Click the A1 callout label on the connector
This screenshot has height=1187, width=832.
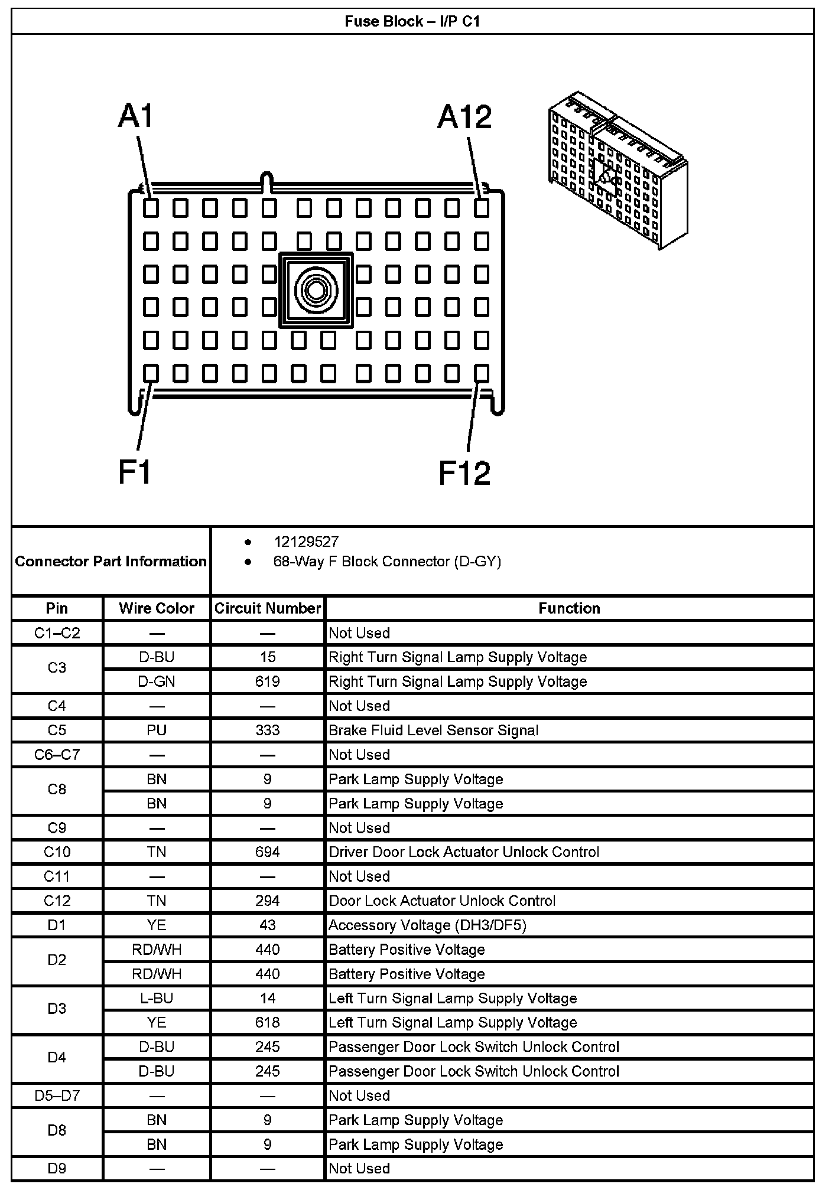click(x=136, y=116)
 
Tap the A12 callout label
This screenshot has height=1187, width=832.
click(x=464, y=117)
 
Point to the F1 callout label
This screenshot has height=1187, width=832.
click(x=135, y=472)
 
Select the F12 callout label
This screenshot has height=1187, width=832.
click(x=464, y=474)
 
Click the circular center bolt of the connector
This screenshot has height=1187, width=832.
click(x=316, y=290)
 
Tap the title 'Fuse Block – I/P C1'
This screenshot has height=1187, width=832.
click(x=412, y=22)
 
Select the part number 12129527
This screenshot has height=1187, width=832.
click(x=305, y=542)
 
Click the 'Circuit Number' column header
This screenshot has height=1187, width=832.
click(x=267, y=608)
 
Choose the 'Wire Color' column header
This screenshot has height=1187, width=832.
click(x=156, y=608)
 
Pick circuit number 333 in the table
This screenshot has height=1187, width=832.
click(x=267, y=730)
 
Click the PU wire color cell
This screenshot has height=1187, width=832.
click(x=156, y=730)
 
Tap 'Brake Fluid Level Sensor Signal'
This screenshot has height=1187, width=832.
click(x=433, y=730)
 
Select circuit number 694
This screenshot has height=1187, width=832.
click(x=267, y=852)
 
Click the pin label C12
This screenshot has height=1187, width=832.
click(x=57, y=901)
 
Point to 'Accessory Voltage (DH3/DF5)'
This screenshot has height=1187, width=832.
click(x=427, y=925)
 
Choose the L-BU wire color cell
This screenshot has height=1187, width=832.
click(x=156, y=998)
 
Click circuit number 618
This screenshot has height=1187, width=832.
click(x=267, y=1022)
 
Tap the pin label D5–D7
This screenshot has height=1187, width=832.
click(x=57, y=1095)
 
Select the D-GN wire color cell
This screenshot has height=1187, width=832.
click(x=156, y=681)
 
